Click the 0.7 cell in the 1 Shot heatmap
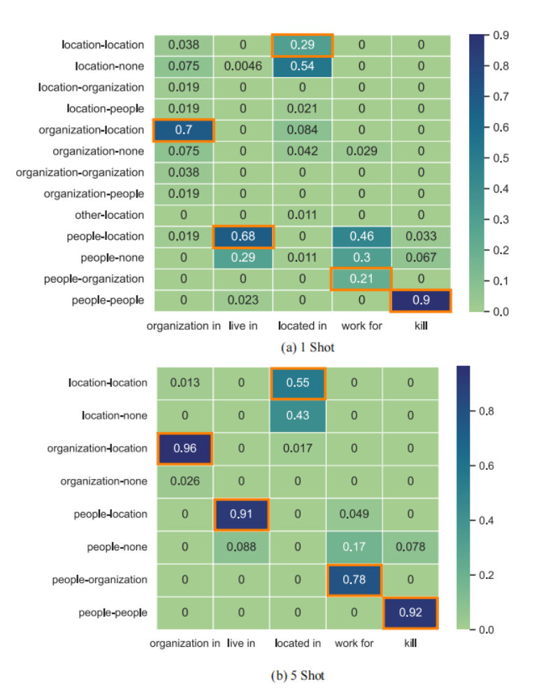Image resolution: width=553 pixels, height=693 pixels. coord(183,130)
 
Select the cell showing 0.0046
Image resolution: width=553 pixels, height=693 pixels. coord(243,66)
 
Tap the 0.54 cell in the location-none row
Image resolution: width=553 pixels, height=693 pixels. coord(302,66)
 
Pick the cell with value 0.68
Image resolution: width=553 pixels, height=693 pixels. coord(243,236)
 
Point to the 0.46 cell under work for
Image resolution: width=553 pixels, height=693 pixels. coord(361,236)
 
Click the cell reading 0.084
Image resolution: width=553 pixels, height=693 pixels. coord(302,130)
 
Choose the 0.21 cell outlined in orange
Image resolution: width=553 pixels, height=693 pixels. coord(361,279)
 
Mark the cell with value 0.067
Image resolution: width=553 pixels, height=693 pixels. coord(421,257)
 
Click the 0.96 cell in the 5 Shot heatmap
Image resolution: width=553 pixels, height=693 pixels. coord(185,448)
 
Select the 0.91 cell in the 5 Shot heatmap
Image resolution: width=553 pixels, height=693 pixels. coord(241,514)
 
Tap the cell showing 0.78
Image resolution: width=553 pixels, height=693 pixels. coord(354,580)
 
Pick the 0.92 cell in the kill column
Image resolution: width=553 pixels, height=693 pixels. coord(410,613)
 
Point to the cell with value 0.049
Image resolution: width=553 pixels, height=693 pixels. coord(354,514)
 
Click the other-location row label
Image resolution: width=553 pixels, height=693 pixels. coord(110,215)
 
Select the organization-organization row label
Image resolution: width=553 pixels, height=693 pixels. coord(80,173)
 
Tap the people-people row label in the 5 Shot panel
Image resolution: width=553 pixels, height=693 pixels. coord(113,613)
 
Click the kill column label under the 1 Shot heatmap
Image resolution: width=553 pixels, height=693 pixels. coord(421,326)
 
